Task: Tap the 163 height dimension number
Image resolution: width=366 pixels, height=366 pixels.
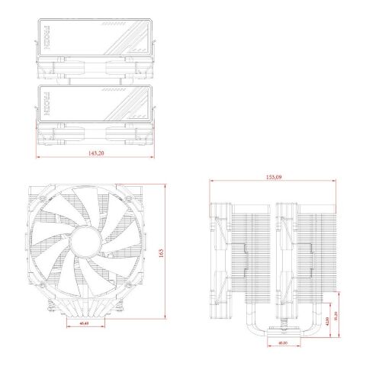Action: tap(161, 255)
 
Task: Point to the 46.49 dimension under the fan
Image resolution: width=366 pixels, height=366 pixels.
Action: tap(84, 324)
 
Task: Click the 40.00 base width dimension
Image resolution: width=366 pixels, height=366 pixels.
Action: tap(283, 342)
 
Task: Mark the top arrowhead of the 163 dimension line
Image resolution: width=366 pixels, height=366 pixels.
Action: tap(165, 186)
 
